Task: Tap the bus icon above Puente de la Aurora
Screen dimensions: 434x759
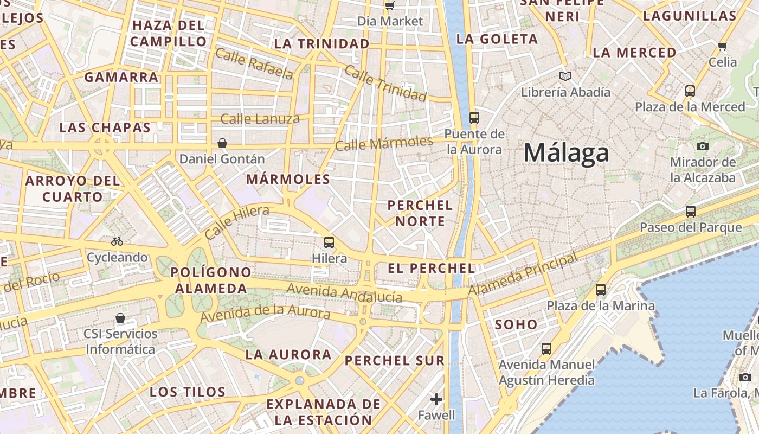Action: [474, 117]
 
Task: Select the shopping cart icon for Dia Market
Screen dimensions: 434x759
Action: [389, 5]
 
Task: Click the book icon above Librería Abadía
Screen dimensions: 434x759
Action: [565, 76]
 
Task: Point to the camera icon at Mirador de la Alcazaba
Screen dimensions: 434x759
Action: [702, 146]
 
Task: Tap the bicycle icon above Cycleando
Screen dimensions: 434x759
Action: [117, 241]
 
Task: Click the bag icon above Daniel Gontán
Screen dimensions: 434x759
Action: [222, 143]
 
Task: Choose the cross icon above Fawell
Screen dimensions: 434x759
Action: [436, 400]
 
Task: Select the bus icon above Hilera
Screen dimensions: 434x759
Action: [329, 242]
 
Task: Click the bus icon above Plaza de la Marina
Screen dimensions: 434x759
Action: [601, 290]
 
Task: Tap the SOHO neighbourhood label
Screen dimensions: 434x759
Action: [516, 324]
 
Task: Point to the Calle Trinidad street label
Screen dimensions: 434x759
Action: [385, 84]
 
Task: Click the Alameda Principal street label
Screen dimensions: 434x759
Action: [523, 275]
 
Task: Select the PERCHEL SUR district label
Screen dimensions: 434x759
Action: [395, 360]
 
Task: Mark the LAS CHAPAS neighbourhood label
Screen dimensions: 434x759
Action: [105, 127]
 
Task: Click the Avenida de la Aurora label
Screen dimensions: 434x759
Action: [265, 313]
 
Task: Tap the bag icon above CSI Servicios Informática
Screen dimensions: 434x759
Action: [120, 318]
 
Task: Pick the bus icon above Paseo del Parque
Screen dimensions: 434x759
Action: [690, 212]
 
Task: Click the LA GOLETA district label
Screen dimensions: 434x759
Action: [497, 39]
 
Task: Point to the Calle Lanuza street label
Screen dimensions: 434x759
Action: [260, 119]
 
